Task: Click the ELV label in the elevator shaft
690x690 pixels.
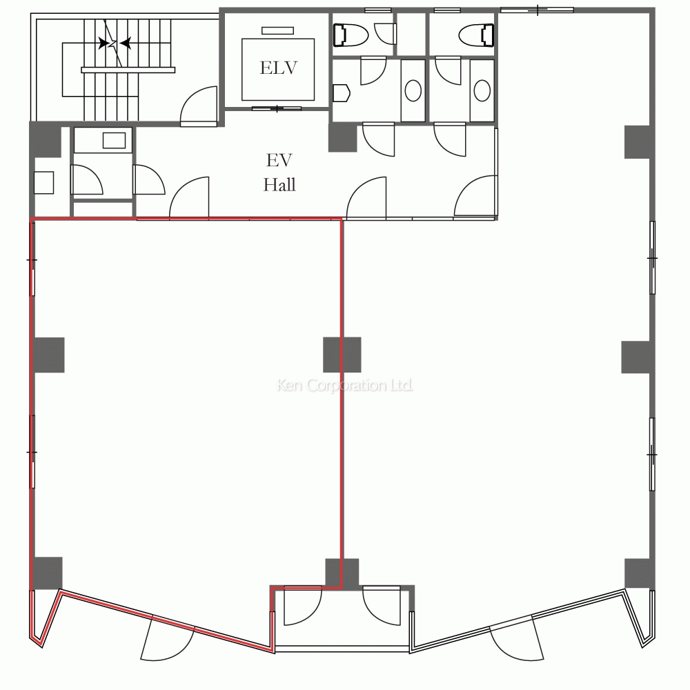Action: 279,68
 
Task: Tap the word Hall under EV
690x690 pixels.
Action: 279,184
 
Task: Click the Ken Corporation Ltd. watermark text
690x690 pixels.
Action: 344,385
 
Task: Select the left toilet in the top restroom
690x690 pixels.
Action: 351,34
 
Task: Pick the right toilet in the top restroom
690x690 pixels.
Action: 476,34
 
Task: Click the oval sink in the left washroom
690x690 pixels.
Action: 413,90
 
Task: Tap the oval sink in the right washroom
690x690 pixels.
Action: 482,90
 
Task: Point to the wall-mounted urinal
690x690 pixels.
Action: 341,93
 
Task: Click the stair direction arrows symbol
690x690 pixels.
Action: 115,43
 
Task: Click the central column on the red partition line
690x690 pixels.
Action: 342,355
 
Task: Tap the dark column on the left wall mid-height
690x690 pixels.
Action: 49,355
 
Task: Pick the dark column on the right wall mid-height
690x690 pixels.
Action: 636,357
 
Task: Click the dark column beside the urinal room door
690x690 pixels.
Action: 343,138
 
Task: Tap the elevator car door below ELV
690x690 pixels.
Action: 277,108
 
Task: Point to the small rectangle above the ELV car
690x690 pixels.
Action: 277,30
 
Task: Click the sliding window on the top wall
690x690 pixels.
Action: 538,10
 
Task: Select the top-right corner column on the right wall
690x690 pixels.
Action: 638,141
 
